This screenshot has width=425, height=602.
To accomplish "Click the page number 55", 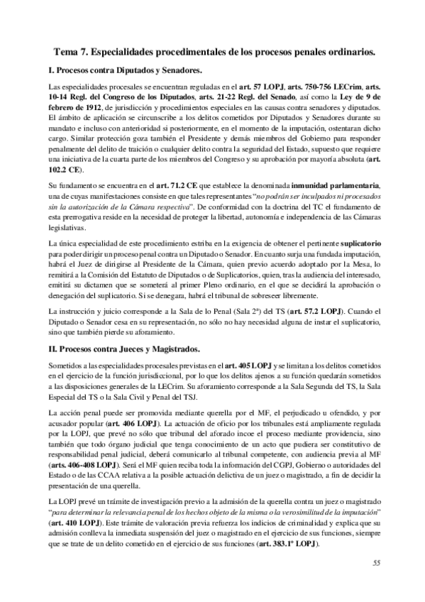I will [376, 582].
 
